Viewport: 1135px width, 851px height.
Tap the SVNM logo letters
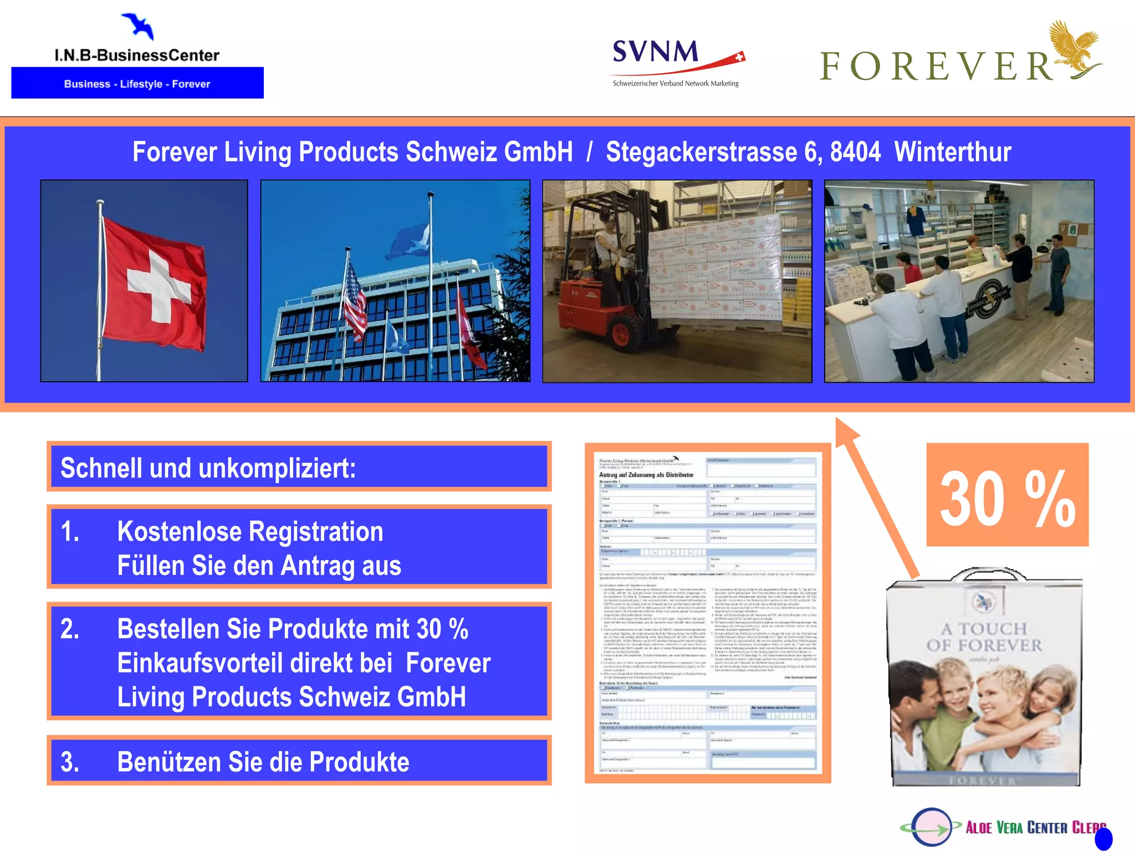(655, 52)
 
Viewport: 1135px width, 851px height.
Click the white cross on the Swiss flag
(158, 288)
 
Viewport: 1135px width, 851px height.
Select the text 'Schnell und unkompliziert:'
(208, 468)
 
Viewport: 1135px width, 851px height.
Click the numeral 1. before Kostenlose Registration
(70, 532)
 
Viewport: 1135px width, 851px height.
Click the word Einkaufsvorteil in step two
(254, 663)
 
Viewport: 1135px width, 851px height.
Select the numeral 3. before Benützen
(70, 762)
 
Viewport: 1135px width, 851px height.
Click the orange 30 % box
(1007, 495)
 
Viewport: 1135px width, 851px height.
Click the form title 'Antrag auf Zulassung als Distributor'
(646, 475)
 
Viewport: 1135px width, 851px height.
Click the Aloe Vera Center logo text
(1035, 828)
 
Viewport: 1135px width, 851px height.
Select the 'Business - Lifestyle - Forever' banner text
(137, 84)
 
